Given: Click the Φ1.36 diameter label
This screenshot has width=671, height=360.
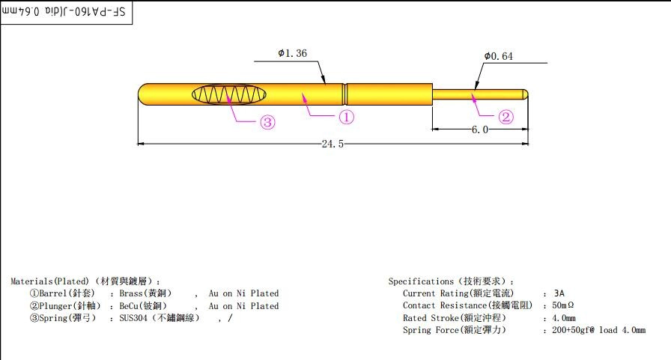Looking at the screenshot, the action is tap(292, 53).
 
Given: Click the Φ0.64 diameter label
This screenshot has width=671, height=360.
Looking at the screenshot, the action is tap(499, 56).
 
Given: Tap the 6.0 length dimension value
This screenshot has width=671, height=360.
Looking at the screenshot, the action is tap(480, 129).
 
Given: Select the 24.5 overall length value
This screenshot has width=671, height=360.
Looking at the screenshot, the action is tap(333, 144).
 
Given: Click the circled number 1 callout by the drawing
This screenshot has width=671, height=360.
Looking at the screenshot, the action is tap(347, 117).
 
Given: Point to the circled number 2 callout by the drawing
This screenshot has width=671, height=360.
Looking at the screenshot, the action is tap(505, 117).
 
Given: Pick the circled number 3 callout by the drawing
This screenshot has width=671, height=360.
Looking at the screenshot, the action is tap(268, 123).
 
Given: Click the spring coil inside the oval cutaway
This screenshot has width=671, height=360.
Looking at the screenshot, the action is tap(229, 94).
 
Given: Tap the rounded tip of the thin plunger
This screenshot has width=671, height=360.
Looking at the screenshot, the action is tap(525, 94).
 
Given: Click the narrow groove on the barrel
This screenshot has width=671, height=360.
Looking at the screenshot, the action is tap(345, 94).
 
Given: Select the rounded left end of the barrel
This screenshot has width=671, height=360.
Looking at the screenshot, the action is tap(143, 94).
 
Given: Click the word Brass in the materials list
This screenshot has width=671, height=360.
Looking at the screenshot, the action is tap(131, 293).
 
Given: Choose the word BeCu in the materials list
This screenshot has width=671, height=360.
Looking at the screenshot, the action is tap(129, 306).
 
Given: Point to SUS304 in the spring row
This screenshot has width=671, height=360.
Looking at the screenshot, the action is tap(133, 318).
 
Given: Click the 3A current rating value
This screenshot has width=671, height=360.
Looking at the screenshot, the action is tap(559, 293).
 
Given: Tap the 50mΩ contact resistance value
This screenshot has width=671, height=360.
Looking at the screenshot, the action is tap(562, 305).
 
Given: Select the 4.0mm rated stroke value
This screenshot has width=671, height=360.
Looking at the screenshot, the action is tap(564, 318).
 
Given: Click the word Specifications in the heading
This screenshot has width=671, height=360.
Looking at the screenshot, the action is tap(421, 281).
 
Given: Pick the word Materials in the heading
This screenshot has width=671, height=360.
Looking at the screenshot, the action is tap(31, 281).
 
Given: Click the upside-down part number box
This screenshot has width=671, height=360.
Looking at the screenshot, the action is tap(67, 13).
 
